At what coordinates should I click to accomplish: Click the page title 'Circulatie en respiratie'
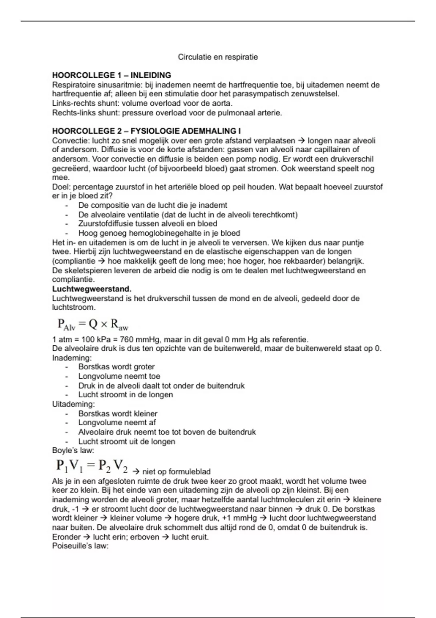tap(218, 57)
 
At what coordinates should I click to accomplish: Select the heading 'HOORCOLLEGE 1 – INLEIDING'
tap(112, 75)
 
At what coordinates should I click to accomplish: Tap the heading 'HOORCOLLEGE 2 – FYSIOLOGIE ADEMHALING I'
tap(146, 131)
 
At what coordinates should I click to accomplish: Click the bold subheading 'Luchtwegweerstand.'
tap(92, 289)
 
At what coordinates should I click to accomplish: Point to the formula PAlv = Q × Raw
tap(93, 324)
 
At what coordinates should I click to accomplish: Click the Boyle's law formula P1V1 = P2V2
tap(92, 466)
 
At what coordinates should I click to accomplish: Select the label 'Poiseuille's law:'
tap(80, 546)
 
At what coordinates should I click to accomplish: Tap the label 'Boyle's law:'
tap(73, 451)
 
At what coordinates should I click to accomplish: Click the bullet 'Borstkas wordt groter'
tap(116, 367)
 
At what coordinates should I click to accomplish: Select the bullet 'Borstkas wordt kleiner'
tap(118, 414)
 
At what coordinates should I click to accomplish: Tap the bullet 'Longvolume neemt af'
tap(117, 423)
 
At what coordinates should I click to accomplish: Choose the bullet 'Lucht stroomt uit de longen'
tap(126, 442)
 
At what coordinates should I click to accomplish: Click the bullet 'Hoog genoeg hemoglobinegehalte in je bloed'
tap(159, 233)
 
